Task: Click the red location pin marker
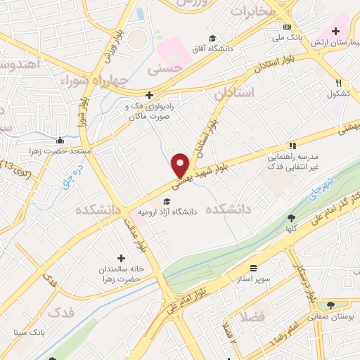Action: coord(181,165)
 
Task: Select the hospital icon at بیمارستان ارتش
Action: coord(335,30)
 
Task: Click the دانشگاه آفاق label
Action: coord(214,49)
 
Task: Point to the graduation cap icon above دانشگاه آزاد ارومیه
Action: coord(166,202)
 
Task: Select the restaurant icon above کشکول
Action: coord(339,83)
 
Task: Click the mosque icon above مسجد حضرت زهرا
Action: coord(62,140)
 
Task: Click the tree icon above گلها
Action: coord(292,218)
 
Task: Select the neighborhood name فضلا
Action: coord(251,317)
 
